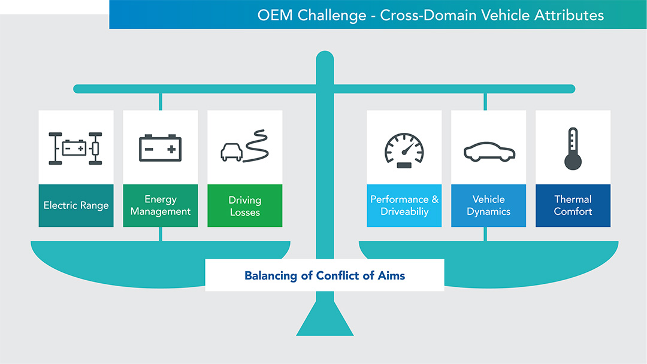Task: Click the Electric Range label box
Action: (76, 205)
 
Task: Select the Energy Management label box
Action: (161, 205)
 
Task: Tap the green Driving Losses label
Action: (245, 205)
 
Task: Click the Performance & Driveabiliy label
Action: (404, 205)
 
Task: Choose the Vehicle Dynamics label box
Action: (489, 205)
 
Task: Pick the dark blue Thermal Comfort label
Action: (573, 205)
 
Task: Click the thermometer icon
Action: (573, 148)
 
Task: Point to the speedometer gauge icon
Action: (404, 150)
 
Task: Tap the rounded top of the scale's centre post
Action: (325, 58)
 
